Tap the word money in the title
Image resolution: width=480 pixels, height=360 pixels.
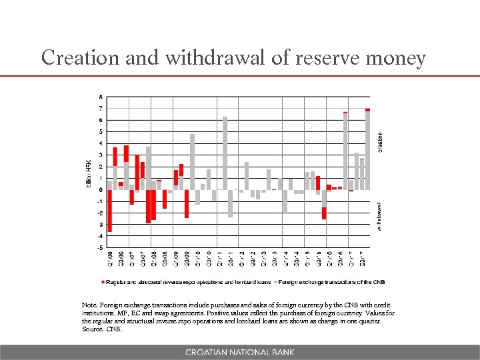click(x=397, y=58)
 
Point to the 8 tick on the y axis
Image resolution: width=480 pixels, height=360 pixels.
click(x=100, y=97)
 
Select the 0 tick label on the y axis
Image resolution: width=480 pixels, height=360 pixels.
click(x=100, y=190)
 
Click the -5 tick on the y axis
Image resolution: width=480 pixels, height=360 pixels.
click(x=100, y=247)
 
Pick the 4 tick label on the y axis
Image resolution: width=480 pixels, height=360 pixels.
click(x=100, y=143)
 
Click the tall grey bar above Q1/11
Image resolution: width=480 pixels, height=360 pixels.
click(x=225, y=153)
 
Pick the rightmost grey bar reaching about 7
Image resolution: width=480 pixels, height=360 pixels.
click(x=367, y=151)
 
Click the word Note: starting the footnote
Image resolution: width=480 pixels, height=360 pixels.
click(x=91, y=304)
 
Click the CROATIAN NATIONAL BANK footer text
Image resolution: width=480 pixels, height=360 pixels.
click(x=239, y=351)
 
